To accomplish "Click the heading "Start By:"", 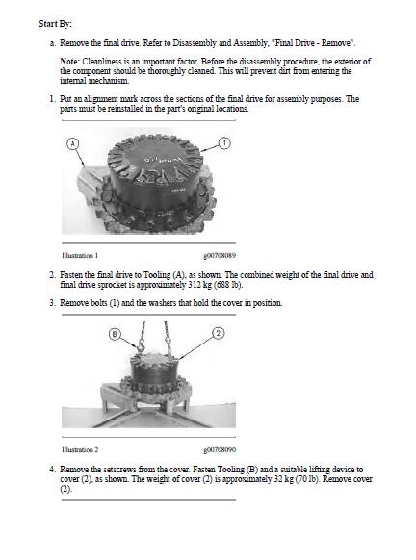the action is tap(55, 24).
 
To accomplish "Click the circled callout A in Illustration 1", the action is tap(72, 143).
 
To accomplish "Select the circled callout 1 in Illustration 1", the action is tap(224, 143).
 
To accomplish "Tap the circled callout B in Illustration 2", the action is tap(115, 334).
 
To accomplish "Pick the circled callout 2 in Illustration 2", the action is tap(219, 333).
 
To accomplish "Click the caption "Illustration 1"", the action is tap(80, 255).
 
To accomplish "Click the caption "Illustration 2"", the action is tap(80, 449).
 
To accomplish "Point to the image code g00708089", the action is tap(220, 256).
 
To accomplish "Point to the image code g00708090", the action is tap(220, 450).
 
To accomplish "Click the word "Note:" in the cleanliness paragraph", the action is tap(69, 62).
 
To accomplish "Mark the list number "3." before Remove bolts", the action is tap(53, 303).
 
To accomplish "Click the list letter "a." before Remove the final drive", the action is tap(53, 43).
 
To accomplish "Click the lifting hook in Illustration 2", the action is tap(140, 345).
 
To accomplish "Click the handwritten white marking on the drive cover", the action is tap(164, 159).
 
